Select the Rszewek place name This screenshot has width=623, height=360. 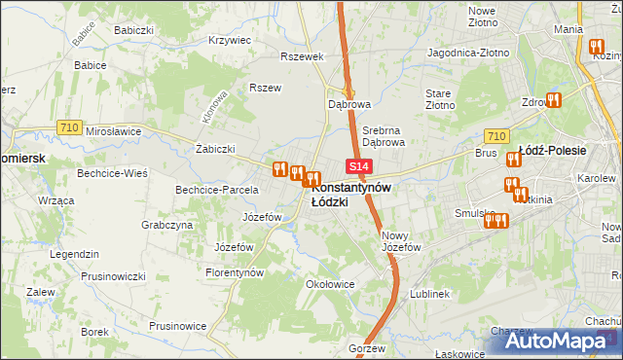click(301, 56)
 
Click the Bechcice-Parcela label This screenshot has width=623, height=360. click(216, 190)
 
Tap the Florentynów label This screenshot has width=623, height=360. click(235, 273)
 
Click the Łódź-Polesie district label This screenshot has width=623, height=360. click(552, 151)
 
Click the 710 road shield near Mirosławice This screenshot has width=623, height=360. click(67, 126)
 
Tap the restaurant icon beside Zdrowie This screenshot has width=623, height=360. click(555, 99)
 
